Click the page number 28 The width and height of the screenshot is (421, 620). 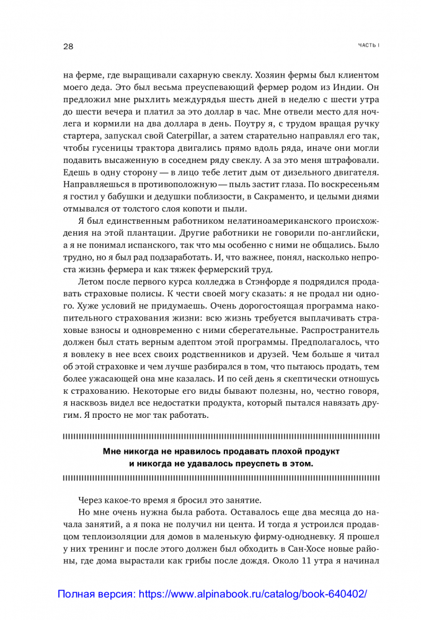click(x=68, y=46)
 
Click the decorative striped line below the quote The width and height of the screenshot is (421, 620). click(x=221, y=477)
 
